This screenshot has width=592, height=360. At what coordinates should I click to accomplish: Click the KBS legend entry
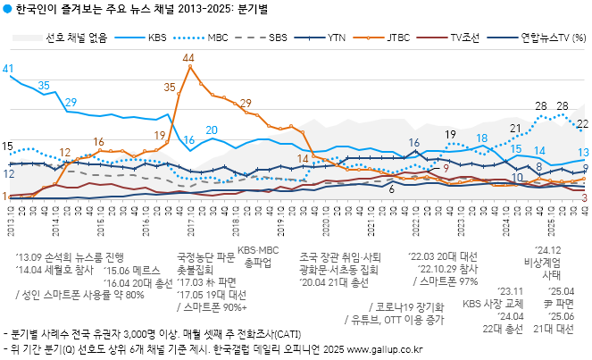[156, 38]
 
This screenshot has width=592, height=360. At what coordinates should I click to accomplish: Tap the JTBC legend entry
[399, 38]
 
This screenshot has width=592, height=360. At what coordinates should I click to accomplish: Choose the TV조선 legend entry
[467, 38]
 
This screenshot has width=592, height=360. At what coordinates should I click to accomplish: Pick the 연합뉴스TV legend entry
[541, 38]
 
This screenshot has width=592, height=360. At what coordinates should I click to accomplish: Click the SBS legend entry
[278, 38]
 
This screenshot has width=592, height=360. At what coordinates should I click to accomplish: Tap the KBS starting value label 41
[8, 69]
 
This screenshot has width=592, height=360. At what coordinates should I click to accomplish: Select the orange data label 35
[171, 87]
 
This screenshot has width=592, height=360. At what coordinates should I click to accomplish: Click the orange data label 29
[246, 104]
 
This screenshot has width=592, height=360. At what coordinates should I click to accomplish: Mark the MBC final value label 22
[582, 123]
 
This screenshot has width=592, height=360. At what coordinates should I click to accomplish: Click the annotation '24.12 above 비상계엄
[547, 251]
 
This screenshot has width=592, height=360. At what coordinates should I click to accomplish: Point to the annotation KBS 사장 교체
[491, 303]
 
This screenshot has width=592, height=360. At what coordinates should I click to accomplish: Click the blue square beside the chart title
[8, 9]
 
